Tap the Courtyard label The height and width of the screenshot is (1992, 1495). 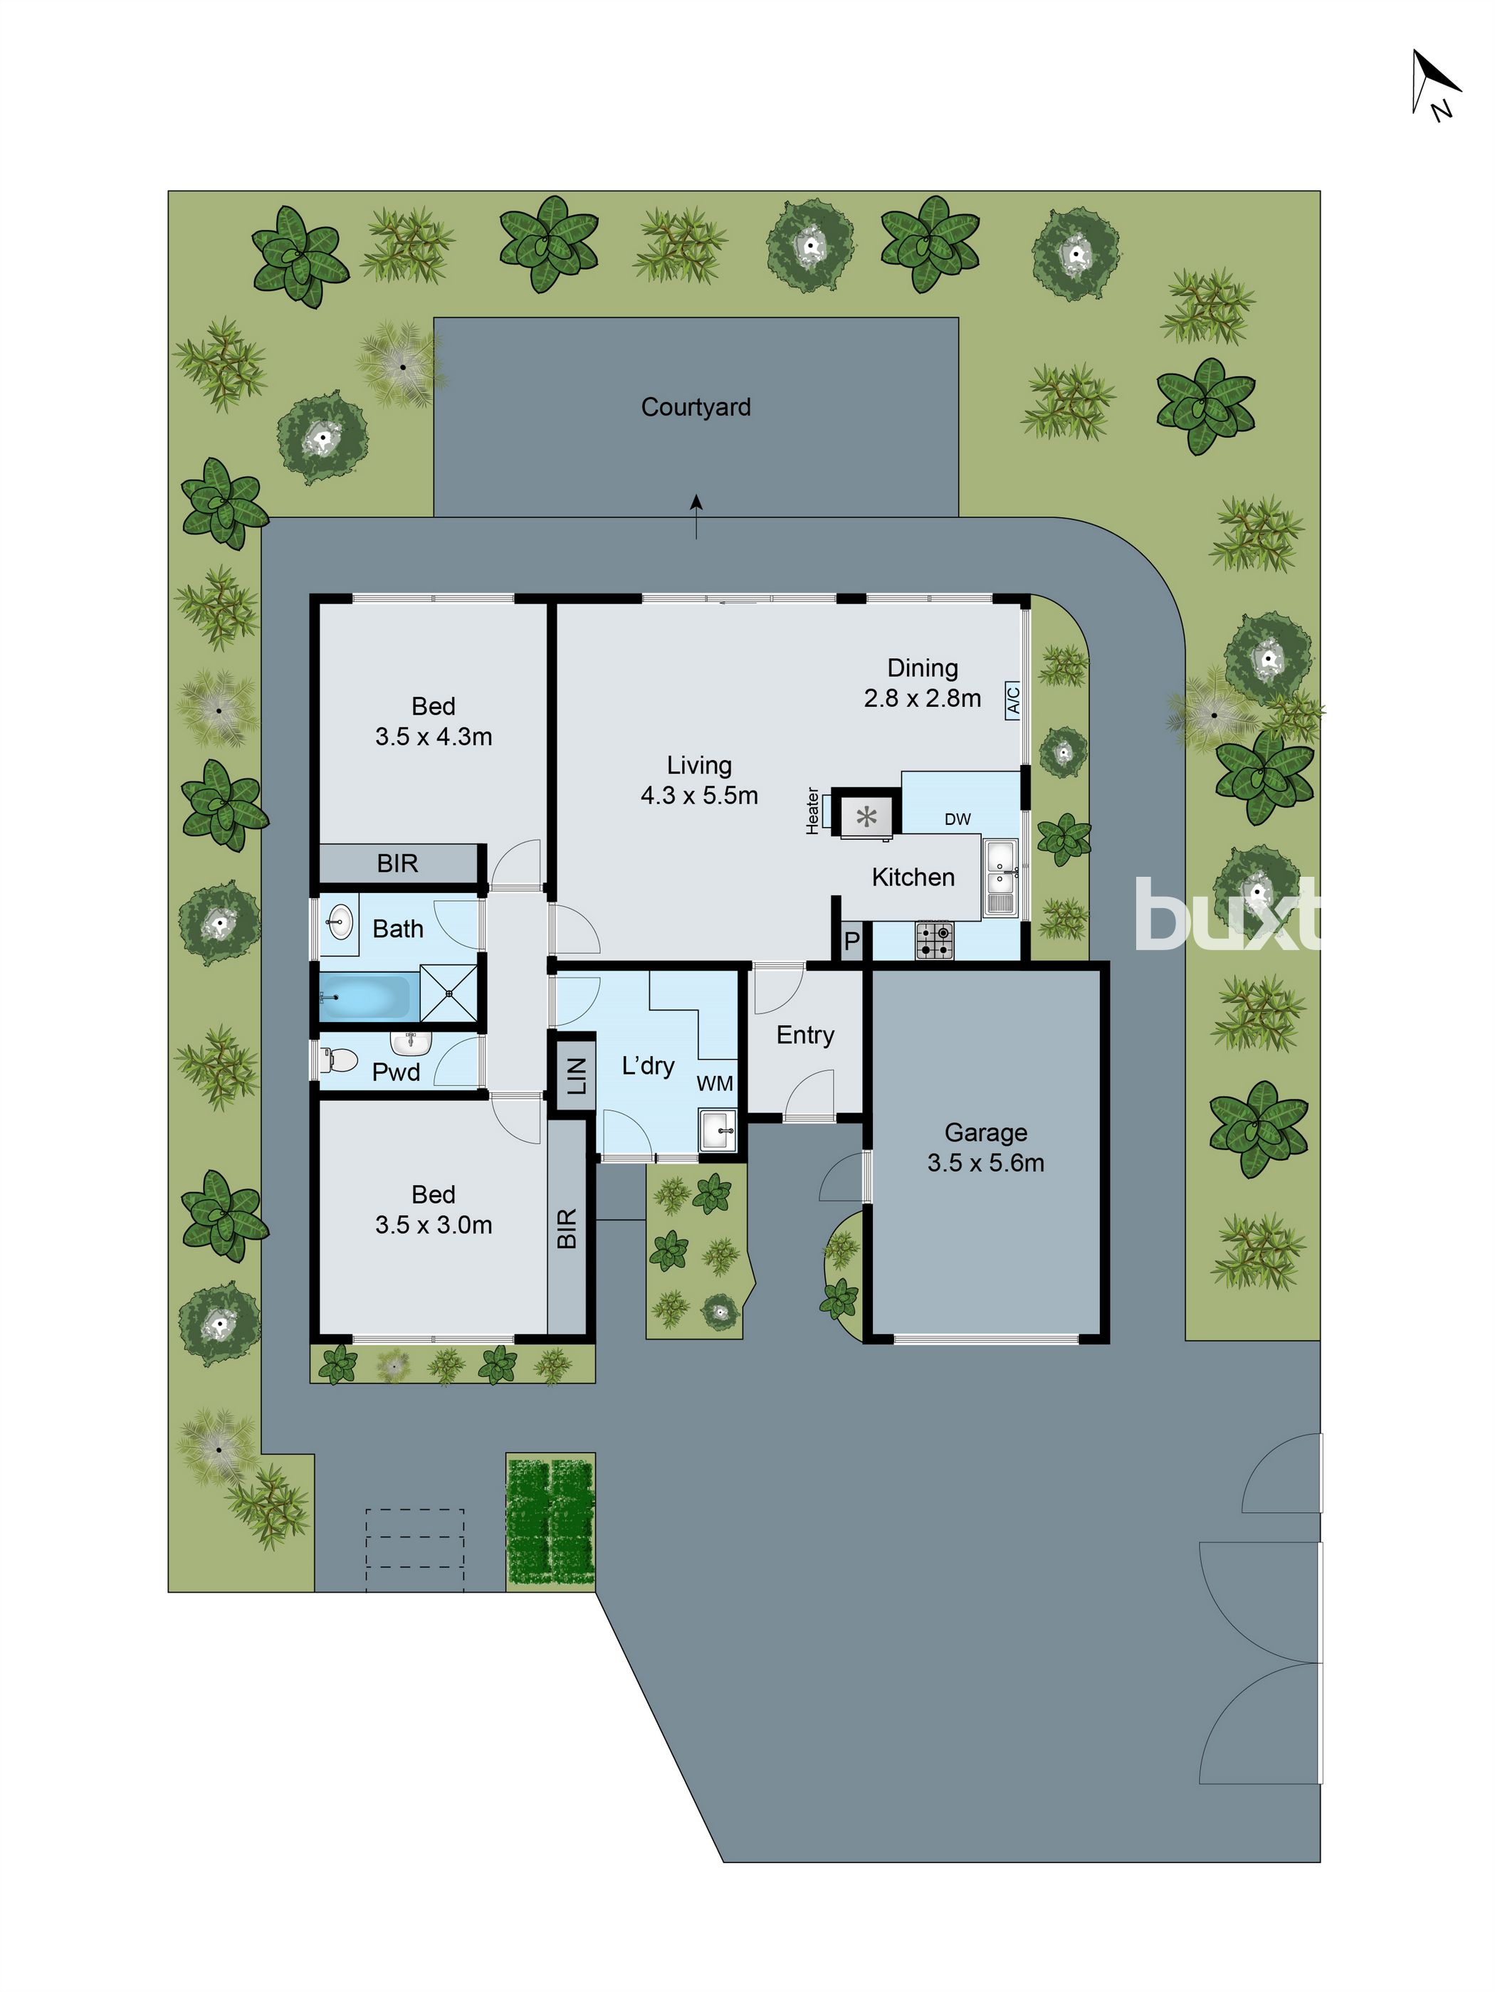[x=696, y=407]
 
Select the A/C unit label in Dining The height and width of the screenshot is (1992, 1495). [x=1012, y=700]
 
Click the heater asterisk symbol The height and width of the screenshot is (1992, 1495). [x=866, y=817]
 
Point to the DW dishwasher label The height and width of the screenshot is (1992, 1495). [x=958, y=818]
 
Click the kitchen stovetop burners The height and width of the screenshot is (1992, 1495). [x=934, y=939]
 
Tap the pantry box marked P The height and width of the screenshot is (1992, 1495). [x=851, y=942]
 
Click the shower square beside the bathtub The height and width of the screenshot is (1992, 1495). [x=448, y=992]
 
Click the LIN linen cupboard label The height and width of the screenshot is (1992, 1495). [x=577, y=1075]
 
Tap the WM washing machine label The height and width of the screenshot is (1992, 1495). [x=714, y=1083]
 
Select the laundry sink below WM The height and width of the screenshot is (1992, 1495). [x=718, y=1130]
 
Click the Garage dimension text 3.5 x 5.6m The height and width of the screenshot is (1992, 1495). [x=985, y=1163]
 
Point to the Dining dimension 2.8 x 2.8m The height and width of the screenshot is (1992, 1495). [x=922, y=698]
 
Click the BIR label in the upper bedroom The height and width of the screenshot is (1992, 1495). [x=397, y=863]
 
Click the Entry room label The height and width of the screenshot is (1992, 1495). [x=805, y=1035]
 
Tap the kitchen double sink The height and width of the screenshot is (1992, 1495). [x=1000, y=876]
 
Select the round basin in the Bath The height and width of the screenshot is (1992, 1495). [x=340, y=919]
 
